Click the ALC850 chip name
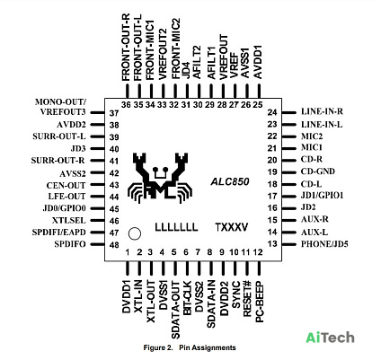(230, 181)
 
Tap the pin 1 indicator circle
(135, 233)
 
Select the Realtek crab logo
(160, 178)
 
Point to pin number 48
(114, 245)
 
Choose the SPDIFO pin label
(70, 244)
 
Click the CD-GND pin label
(318, 171)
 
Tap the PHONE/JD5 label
(324, 244)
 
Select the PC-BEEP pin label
(260, 302)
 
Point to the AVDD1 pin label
(258, 62)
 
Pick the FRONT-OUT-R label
(126, 47)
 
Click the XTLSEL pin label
(69, 221)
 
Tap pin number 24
(272, 112)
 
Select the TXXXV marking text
(232, 227)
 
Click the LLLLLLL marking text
(176, 227)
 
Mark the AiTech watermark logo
(330, 338)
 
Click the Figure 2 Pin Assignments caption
(190, 347)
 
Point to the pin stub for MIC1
(289, 148)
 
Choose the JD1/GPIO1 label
(322, 196)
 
